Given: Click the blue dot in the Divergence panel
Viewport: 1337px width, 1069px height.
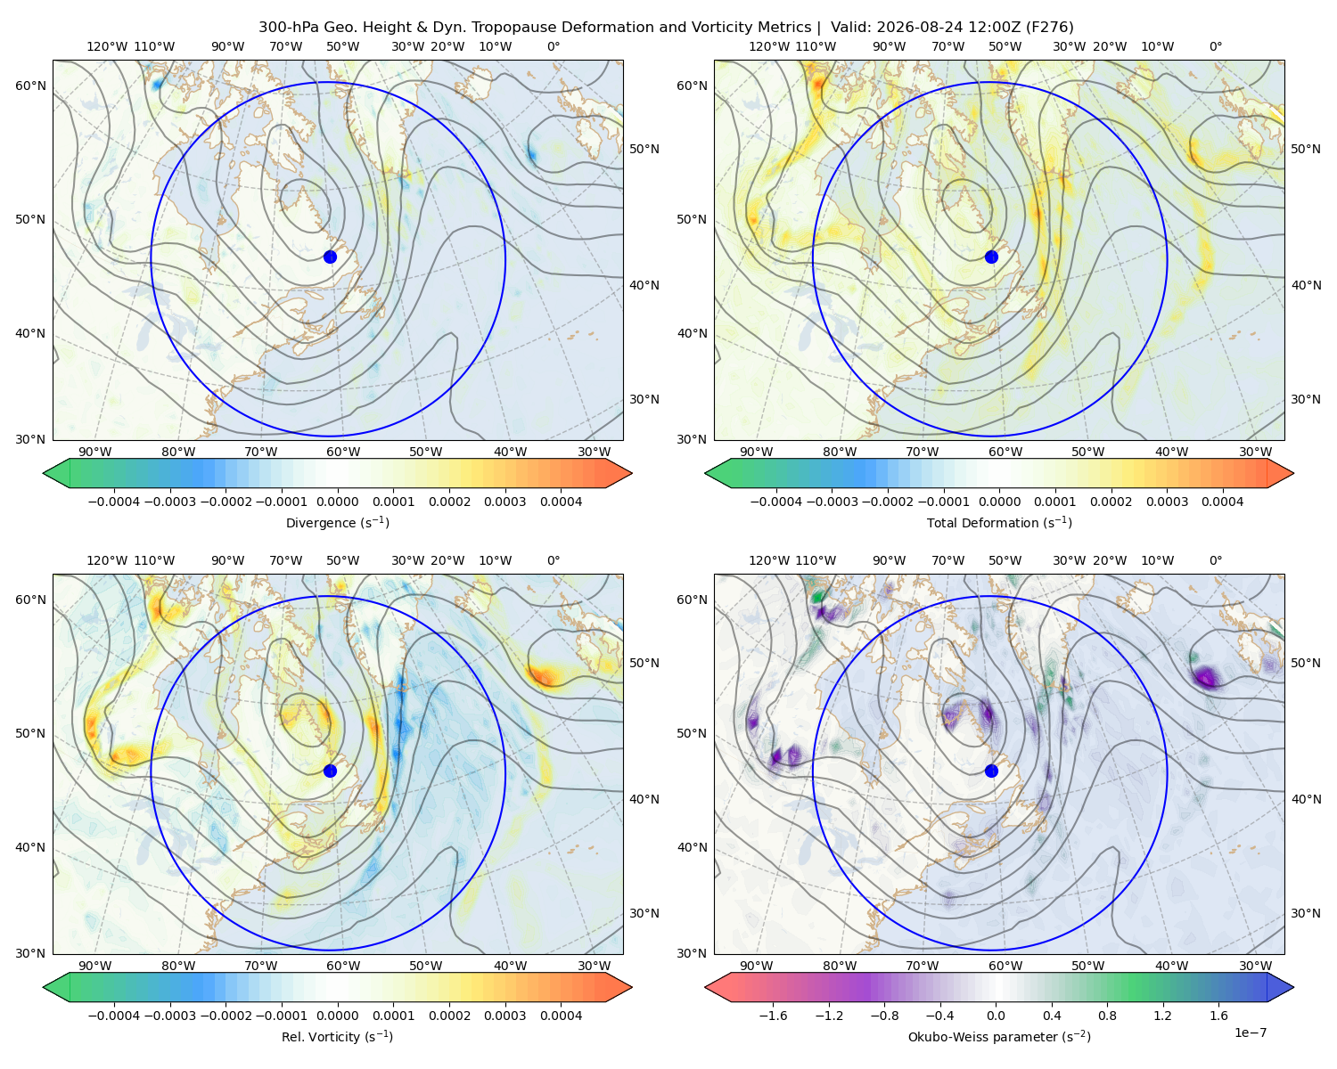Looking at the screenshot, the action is click(x=330, y=257).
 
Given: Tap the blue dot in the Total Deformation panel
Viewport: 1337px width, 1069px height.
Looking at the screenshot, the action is click(x=991, y=257).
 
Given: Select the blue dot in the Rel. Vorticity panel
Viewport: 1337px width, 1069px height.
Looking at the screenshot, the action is click(x=330, y=771).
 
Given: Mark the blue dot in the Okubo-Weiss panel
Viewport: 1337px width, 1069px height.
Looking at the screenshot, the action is click(x=991, y=771).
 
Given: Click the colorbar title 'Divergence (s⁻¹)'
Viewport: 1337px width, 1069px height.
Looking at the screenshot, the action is click(x=337, y=523).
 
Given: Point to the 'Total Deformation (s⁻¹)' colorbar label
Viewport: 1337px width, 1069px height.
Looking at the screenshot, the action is click(x=999, y=523).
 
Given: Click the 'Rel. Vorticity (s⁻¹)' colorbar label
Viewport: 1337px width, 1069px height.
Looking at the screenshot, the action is click(x=337, y=1037).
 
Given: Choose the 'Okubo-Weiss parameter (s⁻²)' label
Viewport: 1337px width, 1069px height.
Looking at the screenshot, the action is click(x=999, y=1037).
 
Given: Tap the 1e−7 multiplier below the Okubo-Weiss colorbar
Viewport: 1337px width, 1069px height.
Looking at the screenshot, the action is click(x=1250, y=1032).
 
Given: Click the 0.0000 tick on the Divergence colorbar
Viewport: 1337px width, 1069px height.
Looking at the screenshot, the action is click(x=337, y=502).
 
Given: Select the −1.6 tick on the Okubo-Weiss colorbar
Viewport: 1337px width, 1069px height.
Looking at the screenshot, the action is click(x=773, y=1016).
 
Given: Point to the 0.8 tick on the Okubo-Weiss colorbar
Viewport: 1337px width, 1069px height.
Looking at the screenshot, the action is click(x=1107, y=1016).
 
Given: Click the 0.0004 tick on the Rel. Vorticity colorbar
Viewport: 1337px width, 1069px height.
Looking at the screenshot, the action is click(x=561, y=1016).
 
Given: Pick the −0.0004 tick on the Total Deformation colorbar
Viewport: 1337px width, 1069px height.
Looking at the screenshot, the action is click(x=776, y=502).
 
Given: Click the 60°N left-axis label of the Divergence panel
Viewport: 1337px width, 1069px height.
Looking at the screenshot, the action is click(x=30, y=86).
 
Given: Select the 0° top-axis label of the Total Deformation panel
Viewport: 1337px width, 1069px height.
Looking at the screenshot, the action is click(x=1215, y=46).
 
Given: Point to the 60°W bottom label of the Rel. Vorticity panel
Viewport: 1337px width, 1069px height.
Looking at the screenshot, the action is click(x=343, y=966).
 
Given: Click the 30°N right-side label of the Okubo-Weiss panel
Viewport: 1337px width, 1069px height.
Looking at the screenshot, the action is click(x=1305, y=913).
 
